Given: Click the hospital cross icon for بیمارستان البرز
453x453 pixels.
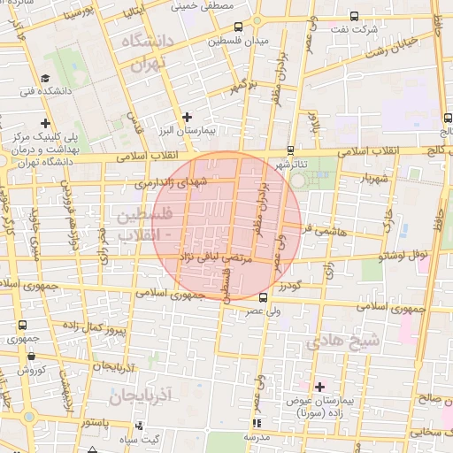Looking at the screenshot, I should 187,117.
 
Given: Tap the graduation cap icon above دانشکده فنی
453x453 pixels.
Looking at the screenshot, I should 44,77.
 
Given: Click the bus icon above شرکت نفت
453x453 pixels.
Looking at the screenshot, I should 355,16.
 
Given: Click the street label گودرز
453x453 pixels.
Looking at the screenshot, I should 288,287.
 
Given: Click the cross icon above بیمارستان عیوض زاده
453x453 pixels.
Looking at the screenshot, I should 319,387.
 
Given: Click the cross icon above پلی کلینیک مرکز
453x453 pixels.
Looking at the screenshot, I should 44,124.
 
